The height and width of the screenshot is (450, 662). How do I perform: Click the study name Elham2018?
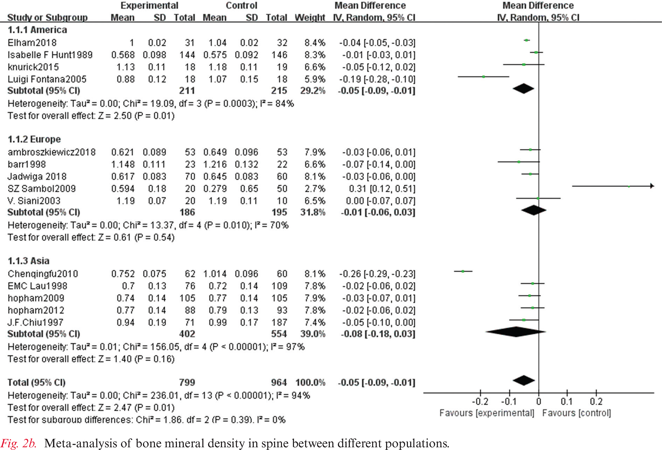[32, 43]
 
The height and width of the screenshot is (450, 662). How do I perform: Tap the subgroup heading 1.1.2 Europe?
[34, 139]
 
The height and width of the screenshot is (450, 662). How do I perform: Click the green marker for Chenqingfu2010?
[463, 271]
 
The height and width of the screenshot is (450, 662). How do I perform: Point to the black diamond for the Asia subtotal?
[516, 332]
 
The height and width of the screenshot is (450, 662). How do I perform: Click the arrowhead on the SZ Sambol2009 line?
[652, 186]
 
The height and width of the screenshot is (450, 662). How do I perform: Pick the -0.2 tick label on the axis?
[480, 401]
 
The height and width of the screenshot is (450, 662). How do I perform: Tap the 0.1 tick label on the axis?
[567, 401]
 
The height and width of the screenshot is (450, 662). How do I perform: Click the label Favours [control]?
[576, 413]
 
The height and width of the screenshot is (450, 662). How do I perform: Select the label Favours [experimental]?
[487, 413]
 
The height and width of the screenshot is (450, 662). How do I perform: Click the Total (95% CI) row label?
[36, 382]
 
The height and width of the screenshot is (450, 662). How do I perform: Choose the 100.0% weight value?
[310, 382]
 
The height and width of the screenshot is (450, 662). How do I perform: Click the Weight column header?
[309, 17]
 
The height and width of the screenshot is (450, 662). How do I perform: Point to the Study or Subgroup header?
[47, 17]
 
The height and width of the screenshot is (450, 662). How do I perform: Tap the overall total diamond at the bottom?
[524, 380]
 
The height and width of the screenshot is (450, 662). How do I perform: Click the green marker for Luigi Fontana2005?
[484, 77]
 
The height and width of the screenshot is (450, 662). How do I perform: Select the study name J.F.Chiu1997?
[35, 322]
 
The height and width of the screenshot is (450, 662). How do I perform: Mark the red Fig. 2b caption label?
[18, 443]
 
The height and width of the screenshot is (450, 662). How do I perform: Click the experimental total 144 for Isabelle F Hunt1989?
[187, 55]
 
